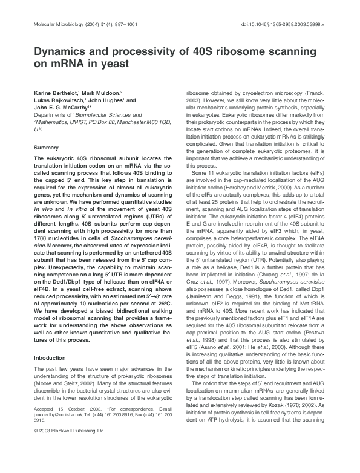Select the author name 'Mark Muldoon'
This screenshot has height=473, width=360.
[x=102, y=91]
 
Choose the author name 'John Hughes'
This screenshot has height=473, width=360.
[x=106, y=99]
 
